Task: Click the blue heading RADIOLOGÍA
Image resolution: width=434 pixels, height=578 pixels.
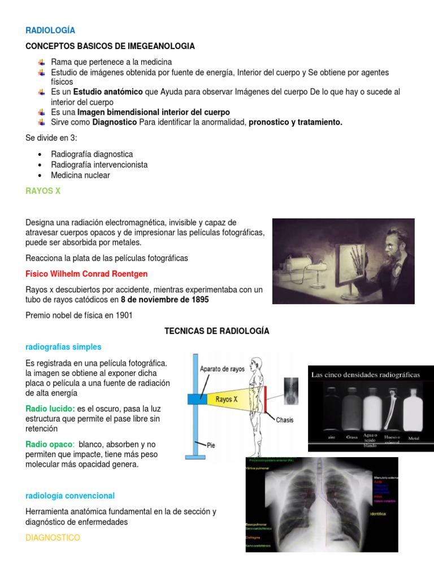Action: point(50,30)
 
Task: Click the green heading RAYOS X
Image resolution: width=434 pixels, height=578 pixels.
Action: point(43,191)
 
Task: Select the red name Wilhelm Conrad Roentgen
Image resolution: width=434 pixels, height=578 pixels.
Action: point(86,274)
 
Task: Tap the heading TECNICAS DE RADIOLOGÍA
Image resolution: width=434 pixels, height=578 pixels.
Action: point(216,331)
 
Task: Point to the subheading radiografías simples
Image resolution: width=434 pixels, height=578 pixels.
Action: point(63,347)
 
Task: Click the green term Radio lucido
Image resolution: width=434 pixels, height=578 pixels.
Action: point(50,408)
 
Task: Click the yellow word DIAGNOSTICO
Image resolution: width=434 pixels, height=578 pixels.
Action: point(53,538)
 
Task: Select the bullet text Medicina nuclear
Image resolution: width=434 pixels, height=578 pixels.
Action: point(80,175)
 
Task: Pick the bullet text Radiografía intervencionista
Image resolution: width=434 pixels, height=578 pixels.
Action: point(99,164)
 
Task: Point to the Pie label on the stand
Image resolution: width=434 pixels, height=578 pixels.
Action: point(210,445)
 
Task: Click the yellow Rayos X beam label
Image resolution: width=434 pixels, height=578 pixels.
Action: point(227,399)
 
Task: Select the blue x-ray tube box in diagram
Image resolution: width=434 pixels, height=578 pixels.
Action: point(198,399)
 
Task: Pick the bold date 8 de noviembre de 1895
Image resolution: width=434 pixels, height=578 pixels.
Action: point(164,300)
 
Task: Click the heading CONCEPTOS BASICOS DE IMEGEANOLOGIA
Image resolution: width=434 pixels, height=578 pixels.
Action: point(110,46)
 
